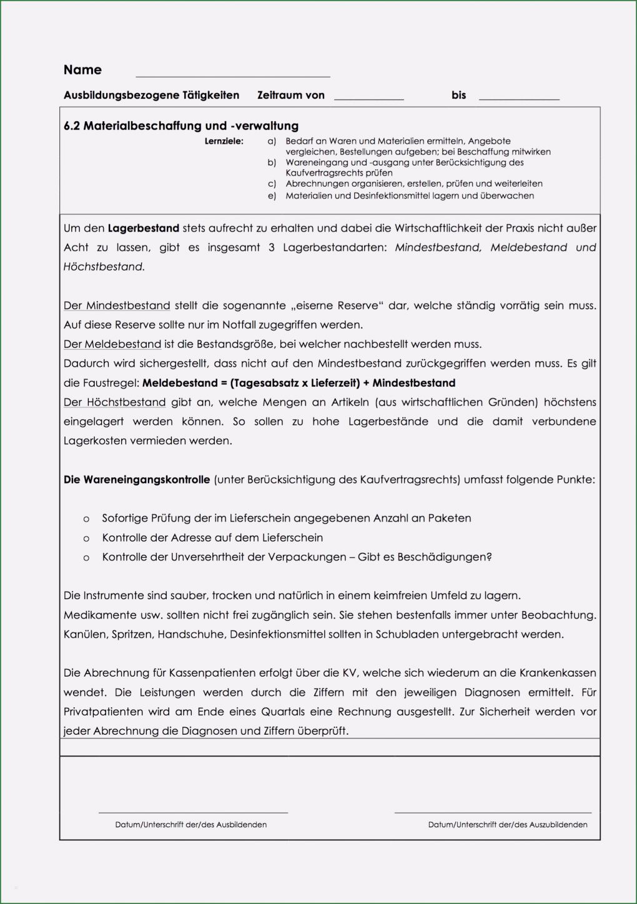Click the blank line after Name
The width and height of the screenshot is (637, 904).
click(x=232, y=76)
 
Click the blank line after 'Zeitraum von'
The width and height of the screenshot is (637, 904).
click(x=368, y=99)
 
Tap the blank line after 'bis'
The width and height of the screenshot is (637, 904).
click(x=518, y=99)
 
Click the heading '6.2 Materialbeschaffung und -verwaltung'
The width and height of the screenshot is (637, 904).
click(x=181, y=126)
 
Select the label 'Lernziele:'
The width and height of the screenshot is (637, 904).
click(x=224, y=142)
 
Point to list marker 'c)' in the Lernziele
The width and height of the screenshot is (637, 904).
click(x=272, y=184)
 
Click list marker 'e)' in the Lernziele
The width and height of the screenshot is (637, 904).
click(x=272, y=196)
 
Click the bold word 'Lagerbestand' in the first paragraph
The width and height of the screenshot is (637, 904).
click(x=144, y=229)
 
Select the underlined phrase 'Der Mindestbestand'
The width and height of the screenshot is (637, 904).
click(x=117, y=306)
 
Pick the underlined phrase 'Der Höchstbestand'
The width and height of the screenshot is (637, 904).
click(x=115, y=403)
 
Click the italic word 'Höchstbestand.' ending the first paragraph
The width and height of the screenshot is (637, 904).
click(x=104, y=267)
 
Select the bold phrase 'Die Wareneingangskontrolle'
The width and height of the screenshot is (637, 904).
click(x=137, y=480)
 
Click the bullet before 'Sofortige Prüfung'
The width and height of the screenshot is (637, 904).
click(x=86, y=519)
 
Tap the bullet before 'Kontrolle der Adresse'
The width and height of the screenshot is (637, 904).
click(x=86, y=539)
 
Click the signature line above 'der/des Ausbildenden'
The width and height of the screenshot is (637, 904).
click(x=193, y=812)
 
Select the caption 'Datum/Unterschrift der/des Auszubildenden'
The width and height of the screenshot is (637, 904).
click(x=508, y=825)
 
